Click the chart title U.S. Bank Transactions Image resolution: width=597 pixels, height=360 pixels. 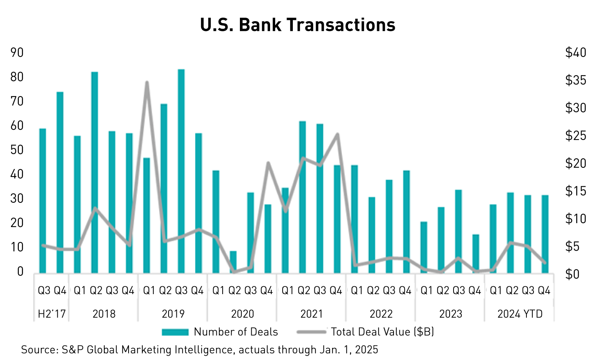pos(298,25)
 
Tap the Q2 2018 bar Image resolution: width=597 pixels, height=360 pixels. pos(94,172)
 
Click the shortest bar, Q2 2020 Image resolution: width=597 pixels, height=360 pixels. pos(233,262)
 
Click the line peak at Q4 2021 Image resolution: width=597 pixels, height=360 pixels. pos(337,135)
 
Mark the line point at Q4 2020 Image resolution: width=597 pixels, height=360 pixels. pos(268,163)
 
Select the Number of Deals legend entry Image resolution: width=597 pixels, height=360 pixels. pos(220,332)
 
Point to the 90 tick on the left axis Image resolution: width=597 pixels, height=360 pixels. pos(17,53)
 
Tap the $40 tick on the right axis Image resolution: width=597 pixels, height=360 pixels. pos(575,53)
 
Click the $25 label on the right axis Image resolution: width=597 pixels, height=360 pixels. pos(575,136)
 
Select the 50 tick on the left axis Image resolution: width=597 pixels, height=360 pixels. pos(17,150)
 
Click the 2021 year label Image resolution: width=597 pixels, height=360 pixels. pos(312,314)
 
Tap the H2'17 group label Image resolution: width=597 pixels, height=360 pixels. pos(52,314)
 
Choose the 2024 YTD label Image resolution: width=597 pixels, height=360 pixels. pos(520,314)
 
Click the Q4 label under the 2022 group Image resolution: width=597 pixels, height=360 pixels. pos(405,291)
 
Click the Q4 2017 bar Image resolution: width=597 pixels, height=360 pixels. pos(60,182)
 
